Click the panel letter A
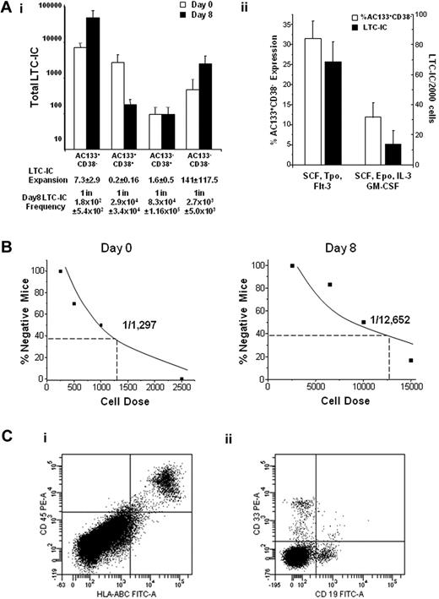tap(7, 8)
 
